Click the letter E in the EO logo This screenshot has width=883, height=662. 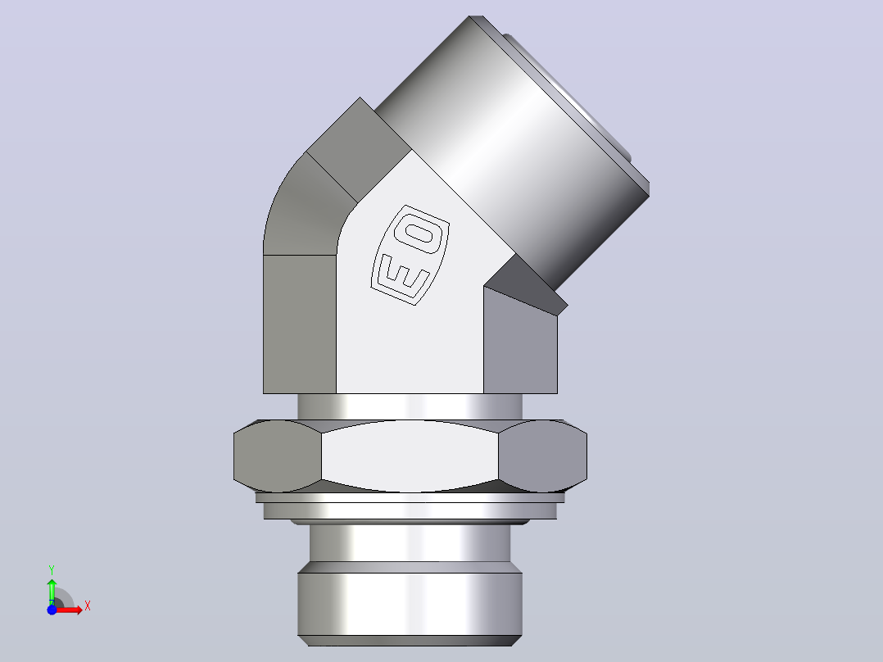click(x=403, y=275)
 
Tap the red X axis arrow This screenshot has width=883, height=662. click(x=67, y=610)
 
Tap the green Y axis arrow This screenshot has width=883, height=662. click(x=52, y=592)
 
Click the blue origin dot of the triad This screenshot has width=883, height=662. click(x=52, y=610)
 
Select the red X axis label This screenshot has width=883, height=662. click(x=88, y=606)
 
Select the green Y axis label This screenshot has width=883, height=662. click(x=52, y=570)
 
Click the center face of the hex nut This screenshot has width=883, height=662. click(x=410, y=456)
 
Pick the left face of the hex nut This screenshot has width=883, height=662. click(x=278, y=456)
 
